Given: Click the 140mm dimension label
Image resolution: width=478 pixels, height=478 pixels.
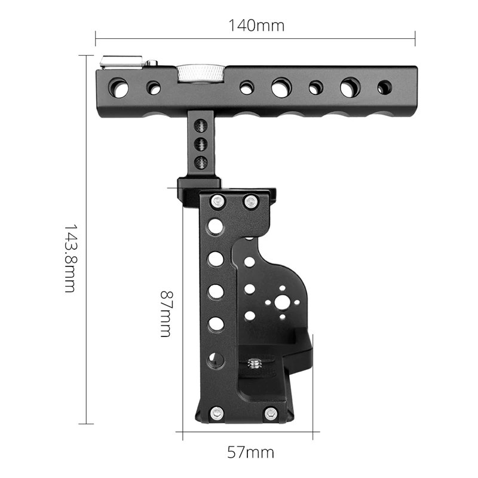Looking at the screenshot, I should coord(256,26).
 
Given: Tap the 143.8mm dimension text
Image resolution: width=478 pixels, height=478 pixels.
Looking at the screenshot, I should coord(70,258).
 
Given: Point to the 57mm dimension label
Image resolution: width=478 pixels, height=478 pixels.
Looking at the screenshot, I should coord(251,452).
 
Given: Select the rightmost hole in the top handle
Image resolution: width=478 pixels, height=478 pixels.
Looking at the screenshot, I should coord(385,88).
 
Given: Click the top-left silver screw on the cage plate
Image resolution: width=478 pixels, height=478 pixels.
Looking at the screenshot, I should coord(216,202).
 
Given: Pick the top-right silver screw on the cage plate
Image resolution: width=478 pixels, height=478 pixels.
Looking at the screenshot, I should coord(250,202).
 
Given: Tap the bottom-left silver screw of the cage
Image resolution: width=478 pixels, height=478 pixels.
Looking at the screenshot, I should coord(216,412).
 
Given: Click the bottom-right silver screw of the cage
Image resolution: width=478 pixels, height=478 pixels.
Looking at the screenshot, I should coord(271,412).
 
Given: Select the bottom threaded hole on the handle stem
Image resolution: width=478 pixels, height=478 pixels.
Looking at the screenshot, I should coord(202,161).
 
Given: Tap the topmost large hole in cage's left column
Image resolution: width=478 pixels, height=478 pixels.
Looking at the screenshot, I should coord(216,226).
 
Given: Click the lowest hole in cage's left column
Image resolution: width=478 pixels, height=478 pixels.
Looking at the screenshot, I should coord(216,358).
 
